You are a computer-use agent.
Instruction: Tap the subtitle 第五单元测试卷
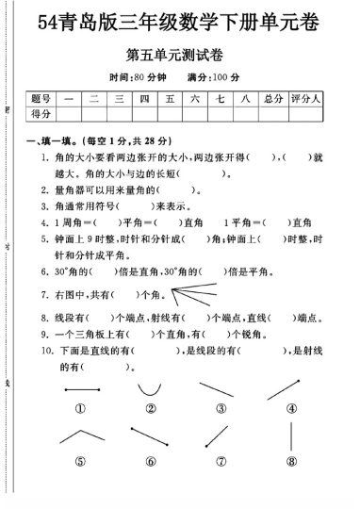(x=185, y=55)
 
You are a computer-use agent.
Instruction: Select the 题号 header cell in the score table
(x=41, y=98)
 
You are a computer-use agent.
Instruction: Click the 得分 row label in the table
(x=41, y=114)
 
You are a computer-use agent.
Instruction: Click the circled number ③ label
(x=221, y=408)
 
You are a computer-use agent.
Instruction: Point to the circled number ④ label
(x=292, y=408)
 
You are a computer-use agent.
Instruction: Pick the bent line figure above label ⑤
(x=81, y=438)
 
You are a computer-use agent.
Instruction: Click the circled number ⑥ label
(x=150, y=461)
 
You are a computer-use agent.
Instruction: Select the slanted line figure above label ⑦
(x=221, y=440)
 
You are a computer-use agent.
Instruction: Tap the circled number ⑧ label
(x=292, y=461)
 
